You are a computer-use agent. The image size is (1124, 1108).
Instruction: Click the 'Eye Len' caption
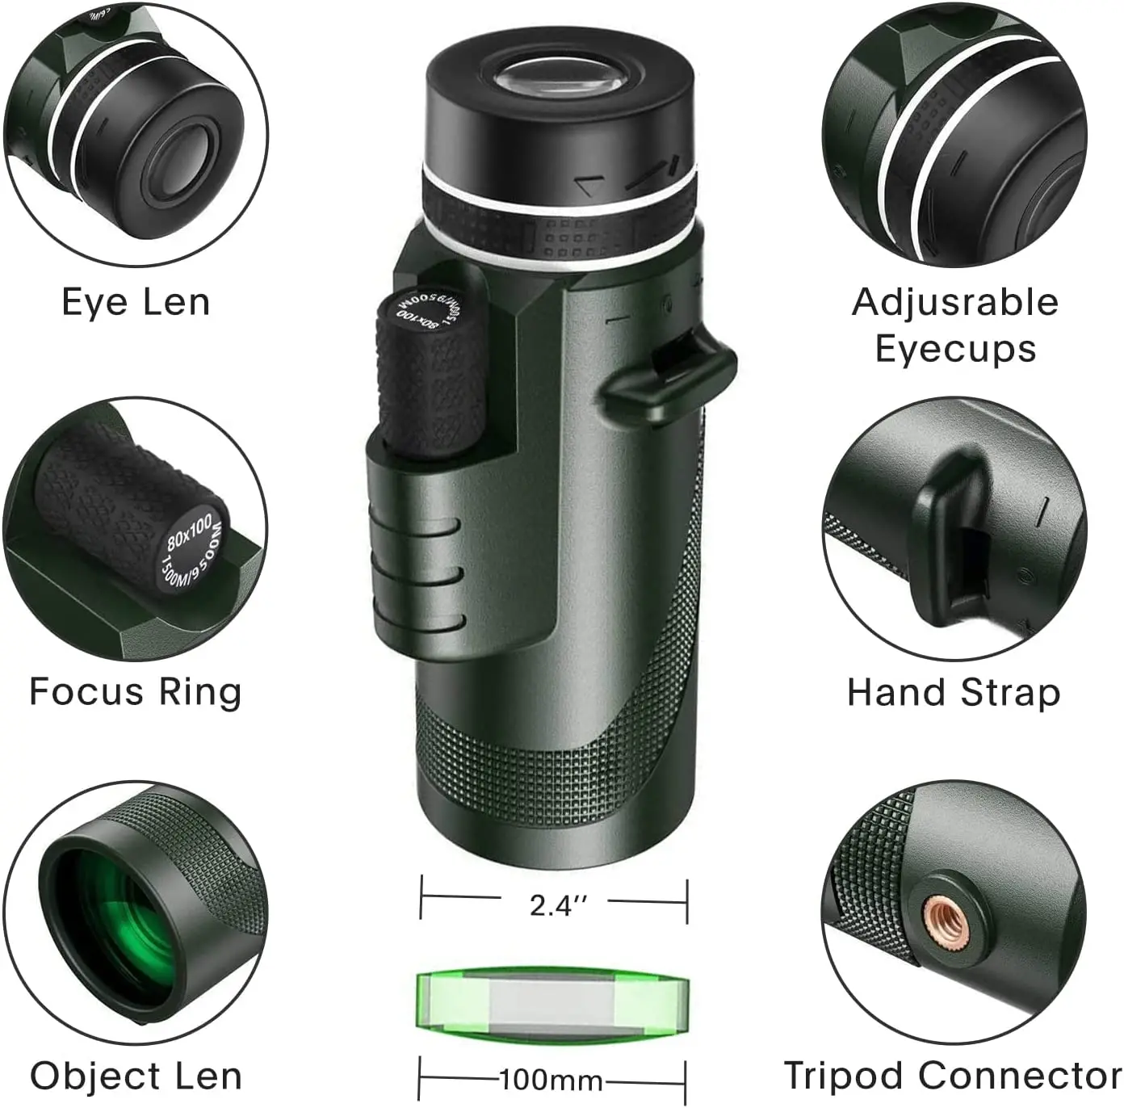coord(136,302)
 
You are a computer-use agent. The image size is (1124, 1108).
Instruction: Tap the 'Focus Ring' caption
coord(136,692)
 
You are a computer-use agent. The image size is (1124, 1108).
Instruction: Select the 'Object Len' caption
coord(136,1076)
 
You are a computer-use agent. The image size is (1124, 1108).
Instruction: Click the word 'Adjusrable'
coord(955,302)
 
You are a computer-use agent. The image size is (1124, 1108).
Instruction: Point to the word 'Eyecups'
coord(955,349)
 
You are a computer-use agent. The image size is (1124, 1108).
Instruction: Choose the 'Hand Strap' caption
coord(954,692)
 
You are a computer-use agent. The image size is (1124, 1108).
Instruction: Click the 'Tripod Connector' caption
coord(953,1076)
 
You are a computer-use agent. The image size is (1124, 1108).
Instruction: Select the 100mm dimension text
coord(552,1080)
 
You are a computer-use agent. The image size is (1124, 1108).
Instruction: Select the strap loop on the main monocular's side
coord(666,374)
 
